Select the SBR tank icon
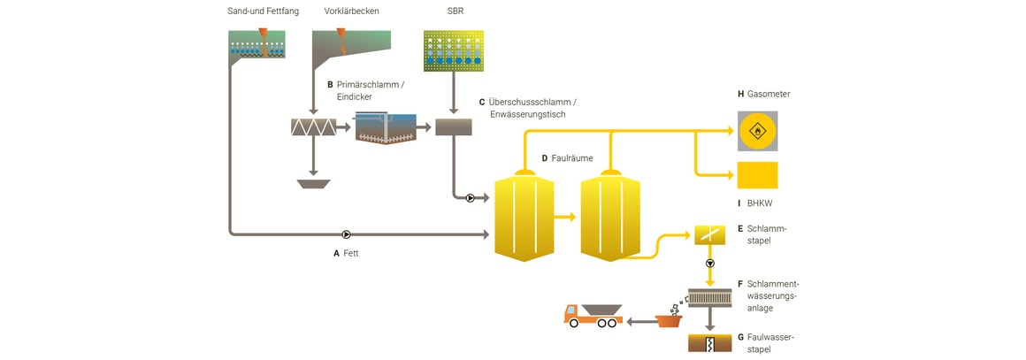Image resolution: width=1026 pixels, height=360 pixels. (x=454, y=51)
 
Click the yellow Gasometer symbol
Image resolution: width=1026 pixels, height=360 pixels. (x=757, y=131)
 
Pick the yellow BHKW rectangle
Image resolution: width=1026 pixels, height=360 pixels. (x=757, y=175)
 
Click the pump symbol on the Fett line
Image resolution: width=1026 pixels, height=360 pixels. (x=347, y=234)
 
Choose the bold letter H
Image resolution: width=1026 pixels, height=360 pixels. (x=741, y=94)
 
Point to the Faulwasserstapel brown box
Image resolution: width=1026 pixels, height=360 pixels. (x=710, y=342)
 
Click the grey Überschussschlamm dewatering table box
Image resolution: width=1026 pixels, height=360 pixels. (x=454, y=127)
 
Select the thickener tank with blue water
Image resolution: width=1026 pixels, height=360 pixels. (x=390, y=127)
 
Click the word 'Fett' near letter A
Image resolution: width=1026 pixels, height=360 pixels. (x=351, y=253)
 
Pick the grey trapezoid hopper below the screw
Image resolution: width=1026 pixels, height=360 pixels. (x=313, y=184)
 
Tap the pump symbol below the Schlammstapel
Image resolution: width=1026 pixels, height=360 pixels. (x=710, y=264)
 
